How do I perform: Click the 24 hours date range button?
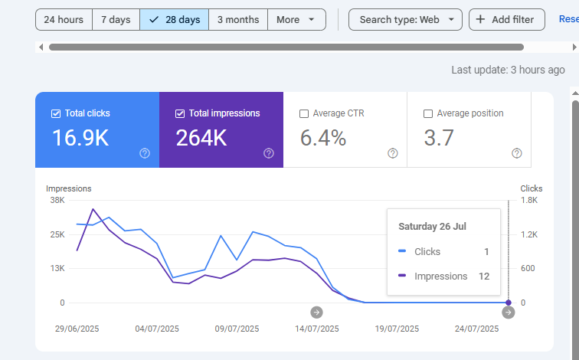[64, 20]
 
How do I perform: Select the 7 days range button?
[116, 20]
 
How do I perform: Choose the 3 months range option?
[238, 20]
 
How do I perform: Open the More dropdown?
[296, 20]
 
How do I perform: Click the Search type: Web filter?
[405, 20]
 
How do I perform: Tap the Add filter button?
[507, 20]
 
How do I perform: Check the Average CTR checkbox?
[304, 113]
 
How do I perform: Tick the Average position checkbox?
[428, 113]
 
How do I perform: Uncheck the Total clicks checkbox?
[56, 113]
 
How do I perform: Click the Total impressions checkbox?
[180, 113]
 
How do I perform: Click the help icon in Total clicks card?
[145, 153]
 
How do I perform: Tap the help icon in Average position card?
[517, 153]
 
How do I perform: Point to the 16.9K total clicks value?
[80, 138]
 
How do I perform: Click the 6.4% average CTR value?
[323, 138]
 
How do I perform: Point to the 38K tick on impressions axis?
[57, 200]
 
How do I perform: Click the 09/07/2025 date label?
[237, 329]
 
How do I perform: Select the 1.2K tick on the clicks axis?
[529, 234]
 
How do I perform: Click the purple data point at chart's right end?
[509, 303]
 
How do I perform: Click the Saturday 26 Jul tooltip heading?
[433, 226]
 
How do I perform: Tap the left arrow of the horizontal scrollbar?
[41, 47]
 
